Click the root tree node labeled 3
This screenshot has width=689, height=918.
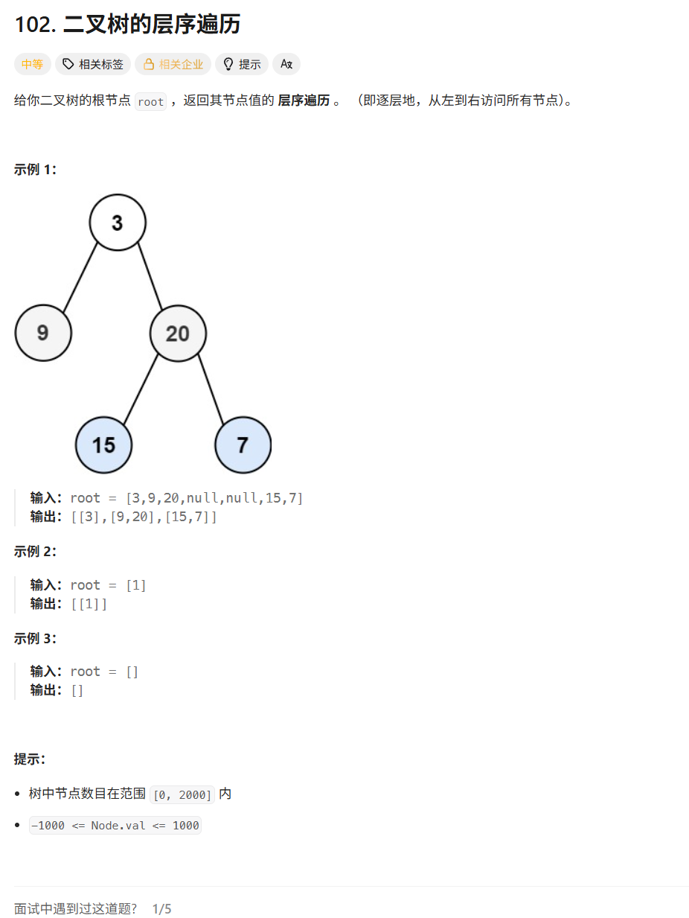coord(118,222)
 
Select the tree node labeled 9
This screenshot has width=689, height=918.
coord(43,333)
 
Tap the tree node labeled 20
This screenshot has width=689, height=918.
coord(178,333)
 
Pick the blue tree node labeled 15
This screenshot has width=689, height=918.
coord(103,445)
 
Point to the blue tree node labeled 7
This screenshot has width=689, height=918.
coord(243,444)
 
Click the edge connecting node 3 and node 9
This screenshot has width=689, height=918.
coord(80,276)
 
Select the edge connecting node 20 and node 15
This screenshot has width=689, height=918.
coord(141,389)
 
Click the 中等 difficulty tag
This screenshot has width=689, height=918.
coord(32,64)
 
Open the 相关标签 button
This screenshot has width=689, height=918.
coord(93,64)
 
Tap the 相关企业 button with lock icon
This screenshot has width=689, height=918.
coord(173,64)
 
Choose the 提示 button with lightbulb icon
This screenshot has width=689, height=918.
coord(242,64)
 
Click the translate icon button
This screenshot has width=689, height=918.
coord(286,64)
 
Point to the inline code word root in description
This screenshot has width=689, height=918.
coord(150,102)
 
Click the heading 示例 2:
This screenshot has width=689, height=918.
coord(35,552)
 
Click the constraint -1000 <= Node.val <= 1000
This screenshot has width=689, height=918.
coord(115,826)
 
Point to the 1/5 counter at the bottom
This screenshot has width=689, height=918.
coord(161,909)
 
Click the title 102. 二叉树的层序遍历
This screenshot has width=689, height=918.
coord(127,24)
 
